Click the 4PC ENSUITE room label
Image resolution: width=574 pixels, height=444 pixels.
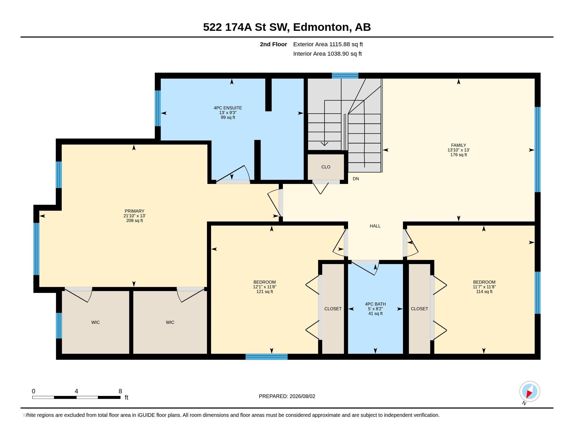[x=228, y=108]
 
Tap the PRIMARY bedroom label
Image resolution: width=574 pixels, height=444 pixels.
[x=134, y=211]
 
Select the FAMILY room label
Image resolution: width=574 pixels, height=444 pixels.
[x=458, y=145]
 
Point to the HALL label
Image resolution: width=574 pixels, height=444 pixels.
[x=375, y=226]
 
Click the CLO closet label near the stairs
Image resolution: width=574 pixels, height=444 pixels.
[x=326, y=167]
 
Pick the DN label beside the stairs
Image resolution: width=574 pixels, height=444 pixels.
[x=356, y=179]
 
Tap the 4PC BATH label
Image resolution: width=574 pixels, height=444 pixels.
[x=375, y=304]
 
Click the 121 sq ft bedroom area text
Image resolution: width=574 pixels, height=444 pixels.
[x=264, y=292]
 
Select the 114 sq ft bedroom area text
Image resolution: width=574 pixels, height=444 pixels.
[x=484, y=292]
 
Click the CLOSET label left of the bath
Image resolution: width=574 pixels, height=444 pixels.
[x=333, y=309]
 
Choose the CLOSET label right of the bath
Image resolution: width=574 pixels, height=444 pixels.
[x=419, y=309]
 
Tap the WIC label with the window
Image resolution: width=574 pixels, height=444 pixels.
[x=95, y=323]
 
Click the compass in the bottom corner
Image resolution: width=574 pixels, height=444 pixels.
[x=530, y=392]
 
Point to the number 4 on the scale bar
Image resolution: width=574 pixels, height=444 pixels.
[x=76, y=391]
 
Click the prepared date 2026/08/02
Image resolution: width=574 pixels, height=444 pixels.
[x=302, y=396]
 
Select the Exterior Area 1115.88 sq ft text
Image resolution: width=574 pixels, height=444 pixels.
[x=328, y=44]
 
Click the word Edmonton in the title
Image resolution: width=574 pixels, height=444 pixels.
[x=322, y=27]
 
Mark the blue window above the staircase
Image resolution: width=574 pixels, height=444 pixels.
[x=345, y=75]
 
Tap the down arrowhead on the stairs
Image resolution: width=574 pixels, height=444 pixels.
[x=325, y=144]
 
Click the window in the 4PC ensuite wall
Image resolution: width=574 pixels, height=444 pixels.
[x=158, y=108]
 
